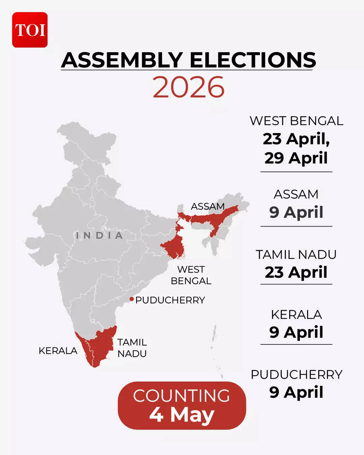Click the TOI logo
click(x=30, y=30)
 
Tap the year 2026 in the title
click(x=188, y=87)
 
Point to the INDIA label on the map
click(x=99, y=235)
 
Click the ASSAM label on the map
click(x=208, y=206)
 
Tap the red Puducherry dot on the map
click(x=131, y=299)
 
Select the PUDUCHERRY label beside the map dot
click(x=170, y=300)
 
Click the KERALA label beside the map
click(x=58, y=351)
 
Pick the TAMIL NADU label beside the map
click(x=132, y=348)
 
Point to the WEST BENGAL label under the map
click(x=191, y=275)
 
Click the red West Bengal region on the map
click(x=174, y=248)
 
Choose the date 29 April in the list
click(x=296, y=158)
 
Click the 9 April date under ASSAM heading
click(x=296, y=212)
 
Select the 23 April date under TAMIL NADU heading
click(x=296, y=272)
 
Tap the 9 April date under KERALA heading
click(x=296, y=332)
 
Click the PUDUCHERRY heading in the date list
click(x=296, y=374)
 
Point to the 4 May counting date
click(x=182, y=415)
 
